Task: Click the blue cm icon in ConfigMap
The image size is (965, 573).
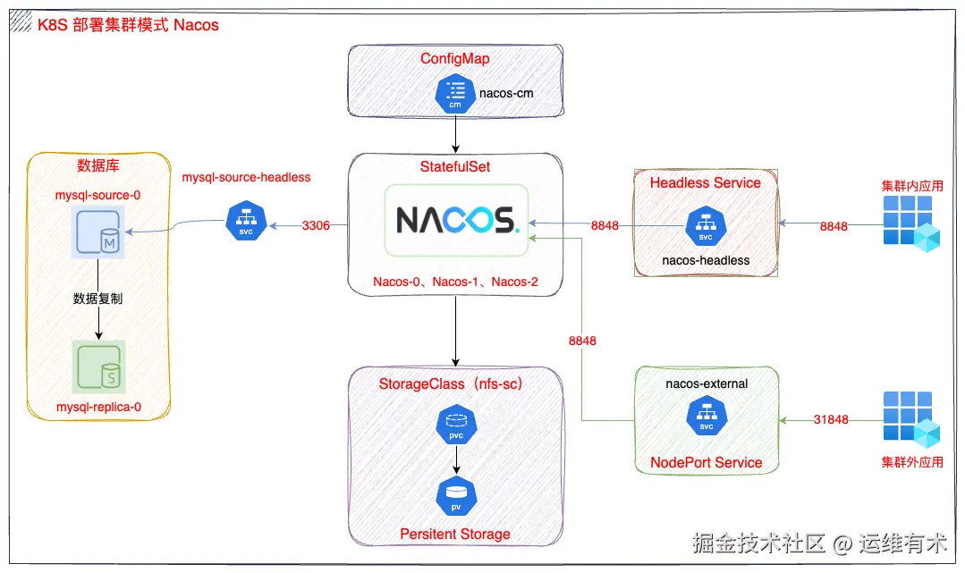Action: [x=454, y=94]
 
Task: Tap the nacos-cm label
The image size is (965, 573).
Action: [x=506, y=92]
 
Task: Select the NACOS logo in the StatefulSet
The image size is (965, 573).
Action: [x=456, y=220]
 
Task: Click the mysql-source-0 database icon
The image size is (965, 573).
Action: [x=98, y=235]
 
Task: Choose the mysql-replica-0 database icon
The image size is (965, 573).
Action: [x=99, y=365]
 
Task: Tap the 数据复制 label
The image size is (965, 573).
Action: [x=98, y=299]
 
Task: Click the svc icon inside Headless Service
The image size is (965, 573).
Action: [x=705, y=226]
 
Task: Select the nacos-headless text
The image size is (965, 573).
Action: [x=705, y=260]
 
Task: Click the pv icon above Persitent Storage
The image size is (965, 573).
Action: [x=455, y=496]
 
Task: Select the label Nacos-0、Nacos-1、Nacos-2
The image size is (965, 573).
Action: [x=455, y=282]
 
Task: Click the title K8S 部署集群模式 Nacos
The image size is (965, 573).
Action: [x=128, y=25]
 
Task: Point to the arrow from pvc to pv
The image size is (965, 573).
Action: [x=455, y=460]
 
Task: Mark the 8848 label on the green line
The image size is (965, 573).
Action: [x=581, y=341]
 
